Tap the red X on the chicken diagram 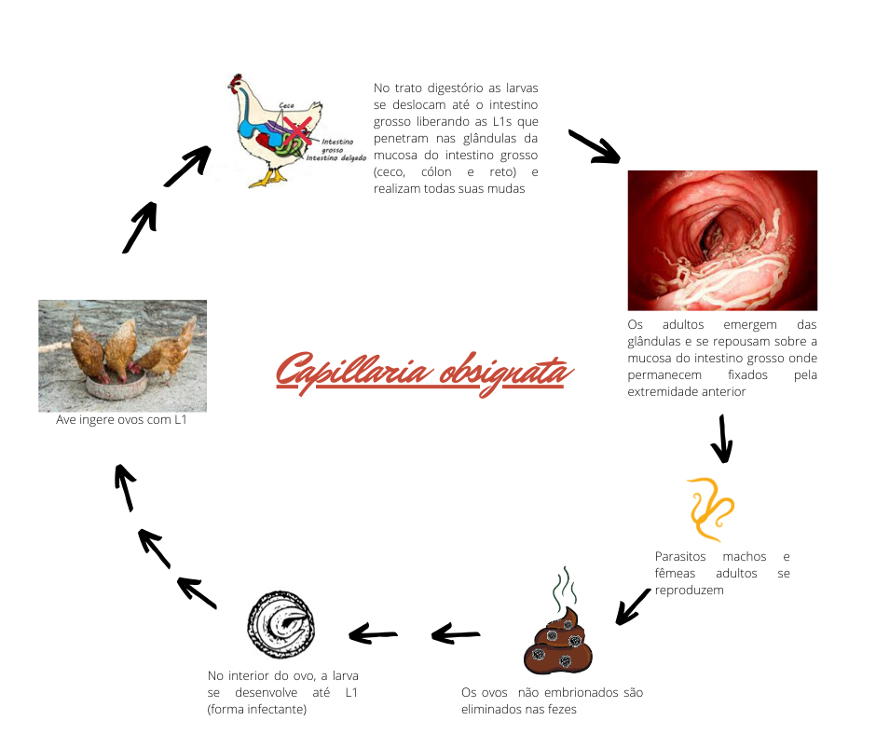click(297, 130)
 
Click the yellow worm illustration click(710, 509)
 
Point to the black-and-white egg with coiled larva click(281, 621)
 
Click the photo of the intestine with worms click(722, 239)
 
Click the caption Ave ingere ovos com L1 click(122, 421)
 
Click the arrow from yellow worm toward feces click(633, 605)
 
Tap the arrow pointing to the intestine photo click(594, 146)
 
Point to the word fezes click(559, 710)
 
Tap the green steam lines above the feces click(564, 587)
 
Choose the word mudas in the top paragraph click(507, 189)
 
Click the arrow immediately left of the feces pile click(457, 635)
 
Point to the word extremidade click(665, 392)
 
